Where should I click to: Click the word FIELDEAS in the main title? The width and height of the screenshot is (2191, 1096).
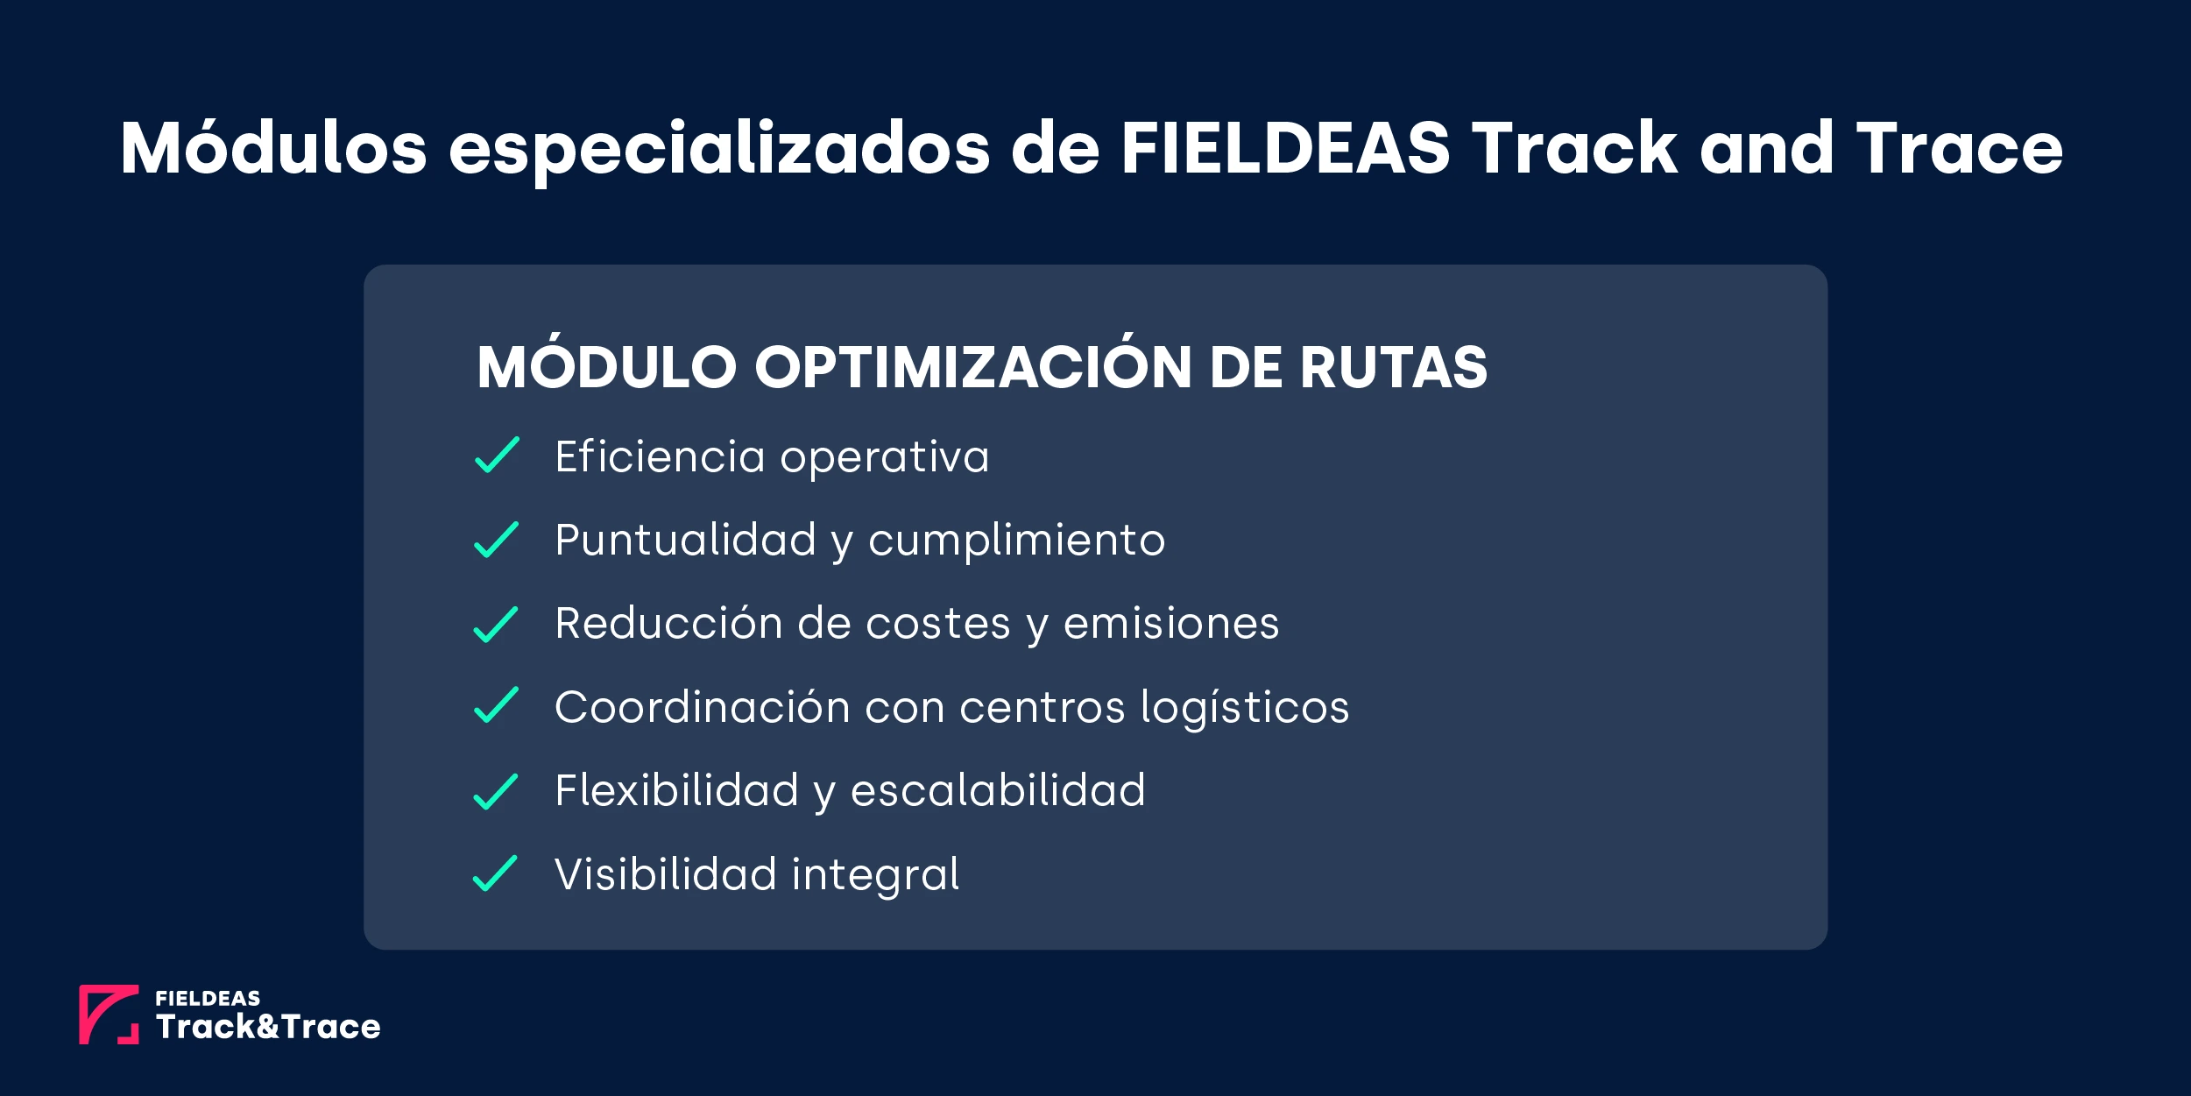coord(1285,148)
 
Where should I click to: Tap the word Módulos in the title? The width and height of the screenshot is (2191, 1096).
coord(273,148)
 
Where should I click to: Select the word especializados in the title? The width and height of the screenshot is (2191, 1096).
coord(719,150)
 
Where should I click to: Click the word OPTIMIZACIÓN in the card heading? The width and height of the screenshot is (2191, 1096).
coord(973,366)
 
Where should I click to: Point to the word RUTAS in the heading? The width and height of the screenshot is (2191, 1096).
coord(1394,366)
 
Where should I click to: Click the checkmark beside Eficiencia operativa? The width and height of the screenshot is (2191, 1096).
coord(497,456)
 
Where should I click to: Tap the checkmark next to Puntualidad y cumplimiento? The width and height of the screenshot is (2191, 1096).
coord(496,540)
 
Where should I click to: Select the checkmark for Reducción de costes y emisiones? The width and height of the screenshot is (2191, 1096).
coord(496,625)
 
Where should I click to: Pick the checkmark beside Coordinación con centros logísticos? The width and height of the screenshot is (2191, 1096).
coord(496,705)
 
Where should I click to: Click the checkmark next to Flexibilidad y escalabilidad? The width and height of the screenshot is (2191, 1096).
coord(496,792)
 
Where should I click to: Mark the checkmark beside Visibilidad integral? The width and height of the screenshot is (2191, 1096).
coord(496,873)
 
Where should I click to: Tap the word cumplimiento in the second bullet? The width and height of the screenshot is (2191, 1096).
coord(1016,540)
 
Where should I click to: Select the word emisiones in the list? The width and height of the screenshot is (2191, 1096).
coord(1171,624)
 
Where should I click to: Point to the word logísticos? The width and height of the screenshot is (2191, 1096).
coord(1245,708)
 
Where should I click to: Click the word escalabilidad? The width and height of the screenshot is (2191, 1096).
coord(998,790)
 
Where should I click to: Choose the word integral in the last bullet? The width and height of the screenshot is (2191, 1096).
coord(875,875)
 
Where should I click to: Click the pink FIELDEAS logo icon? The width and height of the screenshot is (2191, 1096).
coord(109,1015)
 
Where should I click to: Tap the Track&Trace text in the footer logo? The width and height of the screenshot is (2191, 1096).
coord(268,1027)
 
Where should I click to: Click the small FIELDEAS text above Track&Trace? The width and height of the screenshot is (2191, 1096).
coord(208,999)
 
